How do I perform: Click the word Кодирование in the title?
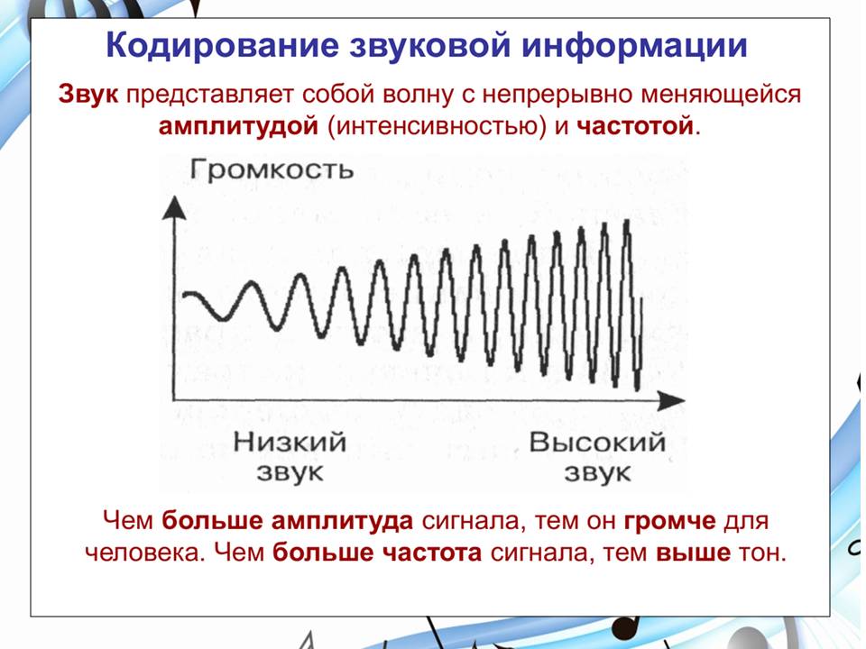221,46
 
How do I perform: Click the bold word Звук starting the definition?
88,94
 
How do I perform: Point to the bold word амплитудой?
238,126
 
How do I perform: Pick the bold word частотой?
634,126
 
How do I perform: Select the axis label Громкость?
272,170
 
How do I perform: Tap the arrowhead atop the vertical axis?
174,208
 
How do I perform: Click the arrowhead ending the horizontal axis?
671,400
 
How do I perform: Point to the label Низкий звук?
290,457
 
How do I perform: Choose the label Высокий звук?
597,457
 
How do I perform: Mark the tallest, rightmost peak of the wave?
626,222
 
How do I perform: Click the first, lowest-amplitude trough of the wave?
223,318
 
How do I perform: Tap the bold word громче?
670,520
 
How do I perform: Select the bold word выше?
693,552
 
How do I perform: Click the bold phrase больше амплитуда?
287,521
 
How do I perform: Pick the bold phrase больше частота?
377,552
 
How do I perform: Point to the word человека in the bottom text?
144,553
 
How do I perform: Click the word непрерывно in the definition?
557,95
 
